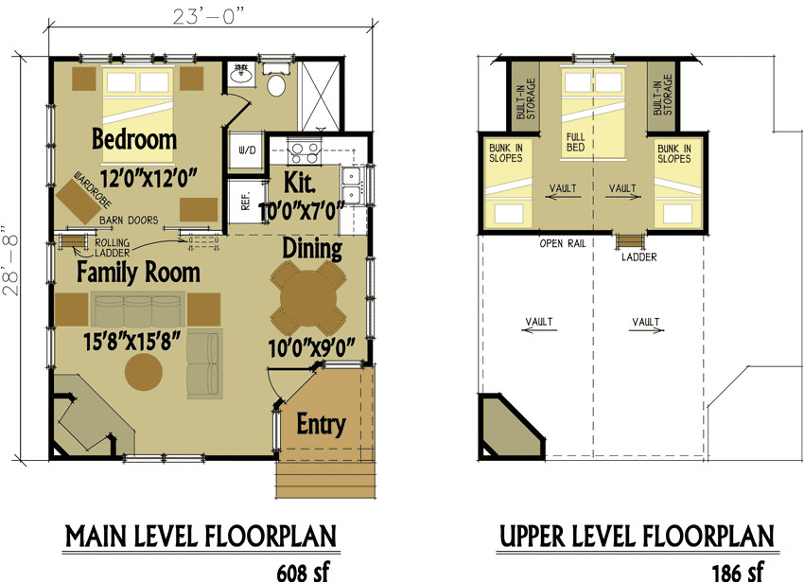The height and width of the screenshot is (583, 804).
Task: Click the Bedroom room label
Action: click(134, 140)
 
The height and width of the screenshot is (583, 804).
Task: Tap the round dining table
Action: click(307, 295)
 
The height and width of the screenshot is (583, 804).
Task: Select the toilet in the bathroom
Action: click(277, 85)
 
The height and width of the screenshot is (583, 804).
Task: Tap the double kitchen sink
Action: click(352, 185)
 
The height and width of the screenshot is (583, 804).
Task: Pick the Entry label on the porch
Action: click(321, 423)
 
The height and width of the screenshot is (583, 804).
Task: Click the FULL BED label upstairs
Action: click(576, 142)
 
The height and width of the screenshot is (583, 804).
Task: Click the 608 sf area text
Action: click(303, 571)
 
